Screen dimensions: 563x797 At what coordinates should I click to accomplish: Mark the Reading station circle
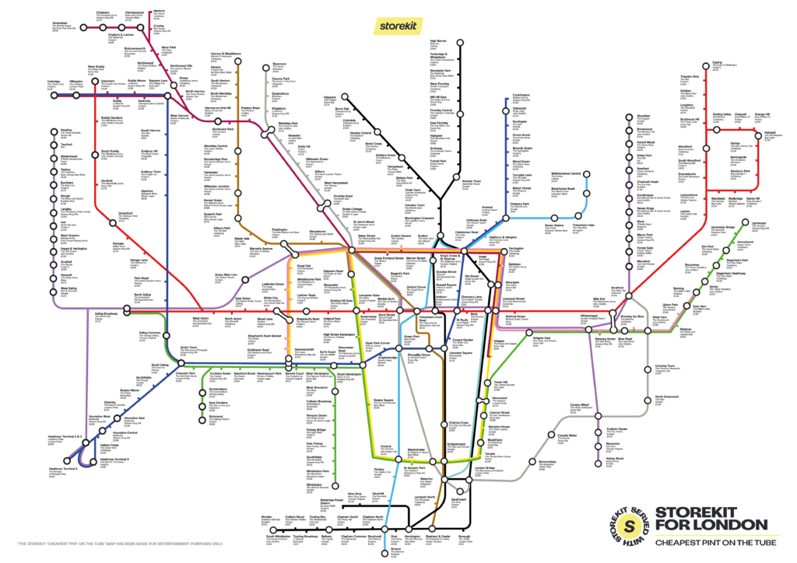54,131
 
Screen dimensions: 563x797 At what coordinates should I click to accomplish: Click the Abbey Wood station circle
600,458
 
